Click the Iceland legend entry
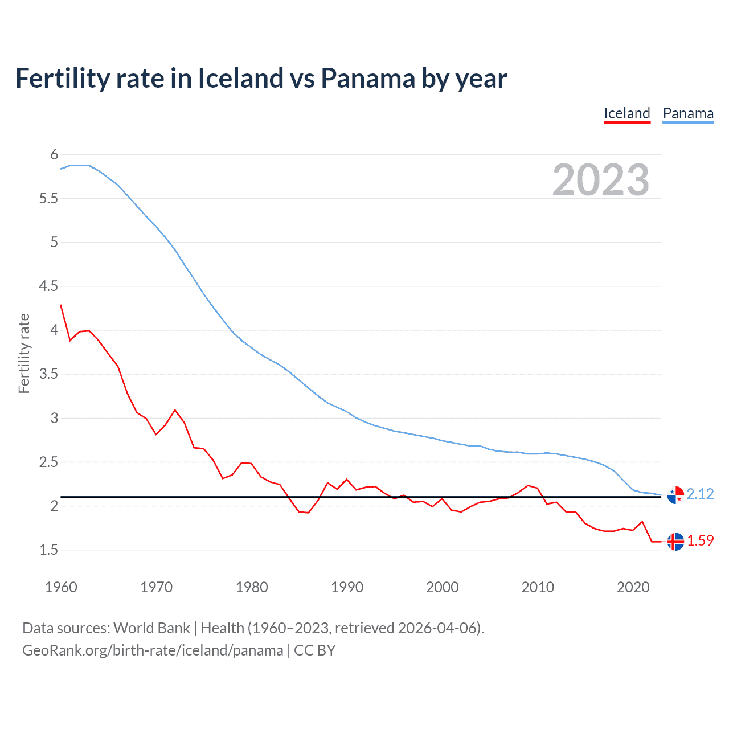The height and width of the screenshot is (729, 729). tap(626, 113)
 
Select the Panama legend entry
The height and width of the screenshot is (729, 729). tap(688, 113)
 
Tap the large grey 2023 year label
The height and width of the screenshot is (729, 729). tap(600, 180)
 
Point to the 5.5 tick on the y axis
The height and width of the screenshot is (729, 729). tap(48, 198)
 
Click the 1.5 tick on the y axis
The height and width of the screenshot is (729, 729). tap(48, 550)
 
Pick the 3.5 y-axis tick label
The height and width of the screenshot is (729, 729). tap(48, 374)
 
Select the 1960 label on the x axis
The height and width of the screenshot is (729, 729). tap(61, 587)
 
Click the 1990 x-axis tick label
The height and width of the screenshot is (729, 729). tap(347, 587)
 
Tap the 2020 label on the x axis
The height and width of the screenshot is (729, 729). tap(633, 587)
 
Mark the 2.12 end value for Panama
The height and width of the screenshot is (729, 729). tap(700, 494)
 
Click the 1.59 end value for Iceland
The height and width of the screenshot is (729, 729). tap(700, 540)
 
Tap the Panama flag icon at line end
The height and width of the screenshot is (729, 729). tap(675, 495)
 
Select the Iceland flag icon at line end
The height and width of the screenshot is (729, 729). tap(675, 542)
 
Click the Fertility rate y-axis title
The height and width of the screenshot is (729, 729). tap(24, 353)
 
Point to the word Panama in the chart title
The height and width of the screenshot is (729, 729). tap(367, 79)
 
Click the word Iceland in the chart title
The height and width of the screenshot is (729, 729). tap(240, 79)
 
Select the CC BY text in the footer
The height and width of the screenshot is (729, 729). tap(314, 650)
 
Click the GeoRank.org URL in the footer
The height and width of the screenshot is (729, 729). tap(152, 650)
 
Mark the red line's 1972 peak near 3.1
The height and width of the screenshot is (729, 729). tap(175, 409)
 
